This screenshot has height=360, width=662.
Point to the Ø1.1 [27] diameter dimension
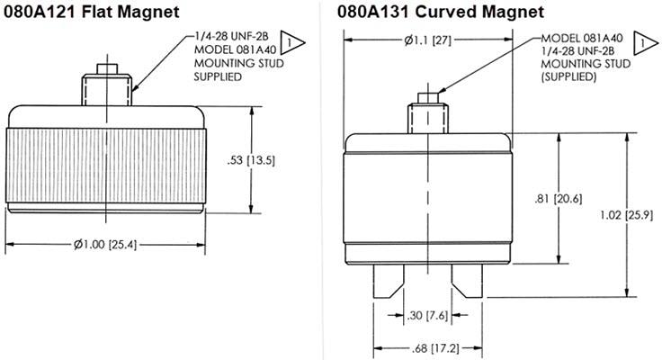[429, 40]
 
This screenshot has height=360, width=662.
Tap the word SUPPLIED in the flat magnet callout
[219, 76]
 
